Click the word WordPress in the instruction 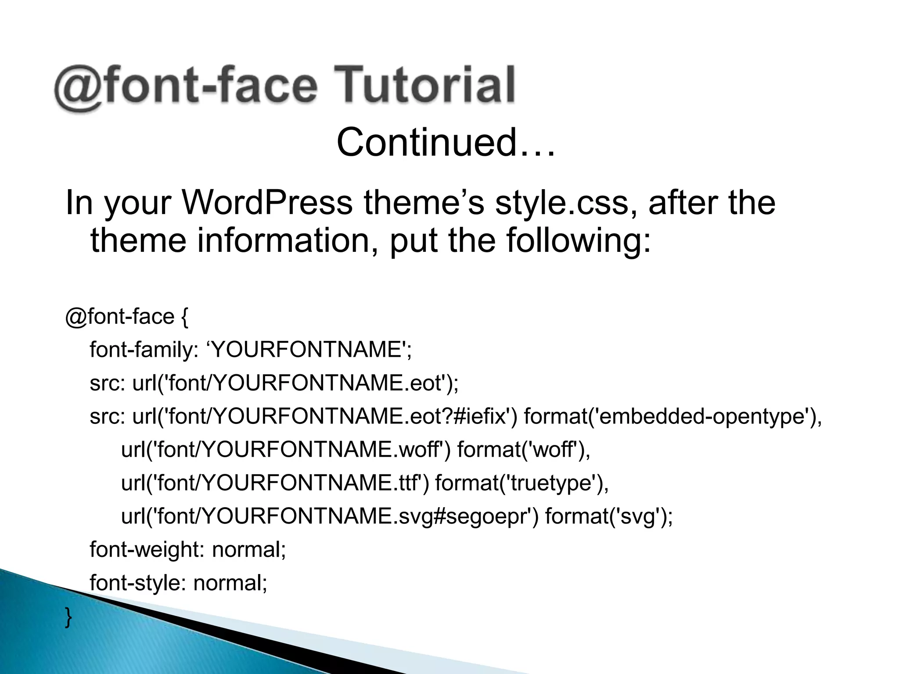(x=267, y=203)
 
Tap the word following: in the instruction (x=579, y=240)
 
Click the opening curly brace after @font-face (x=184, y=317)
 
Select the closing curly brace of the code (x=68, y=617)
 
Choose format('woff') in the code (x=523, y=450)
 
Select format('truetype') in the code (x=521, y=483)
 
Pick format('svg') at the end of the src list (x=608, y=516)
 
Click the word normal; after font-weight (x=249, y=549)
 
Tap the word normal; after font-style (x=230, y=583)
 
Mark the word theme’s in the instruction (x=424, y=203)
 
